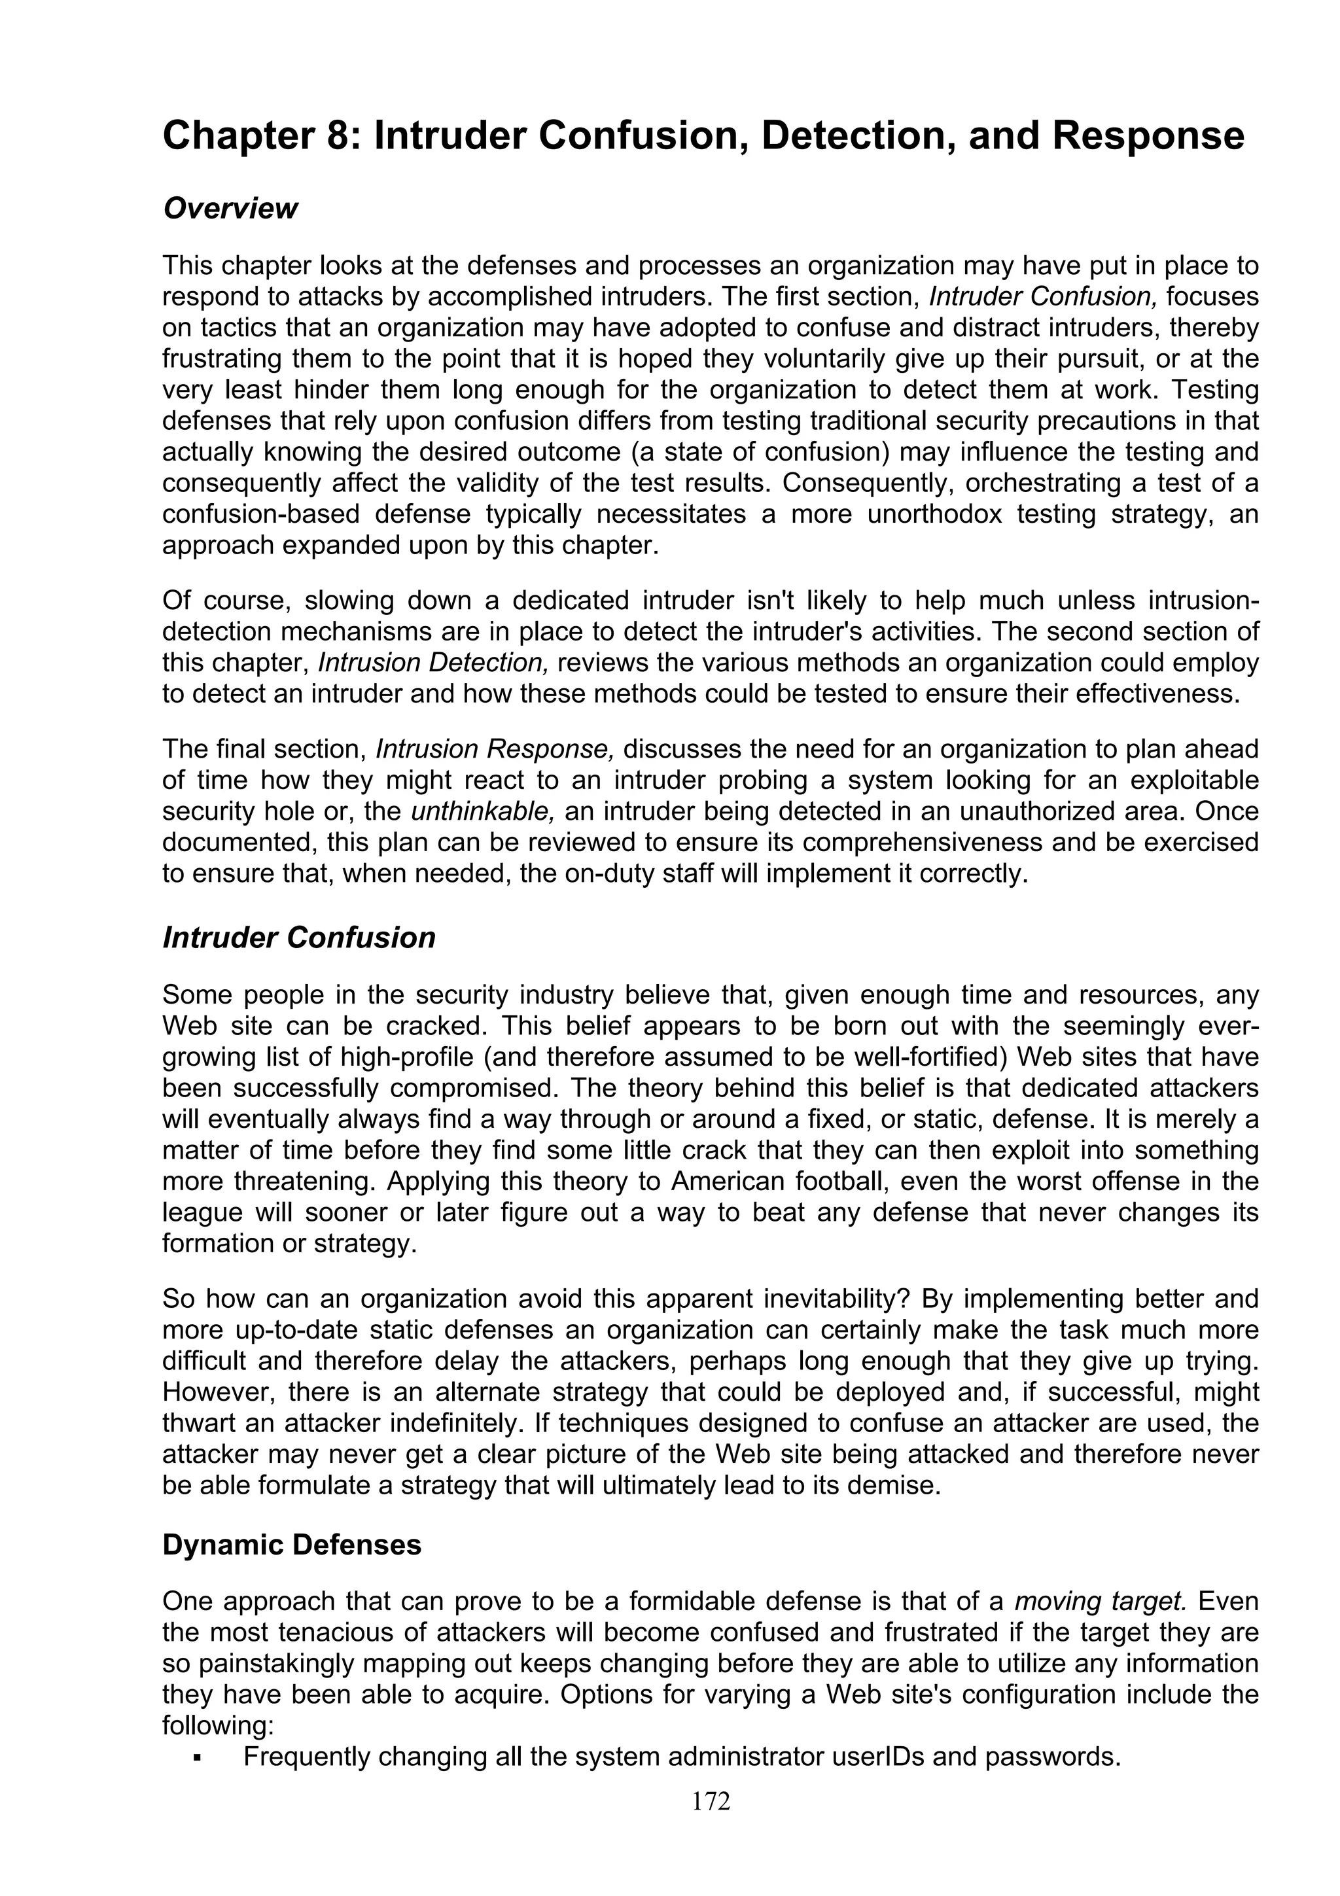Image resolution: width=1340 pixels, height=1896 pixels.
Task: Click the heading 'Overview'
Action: click(230, 209)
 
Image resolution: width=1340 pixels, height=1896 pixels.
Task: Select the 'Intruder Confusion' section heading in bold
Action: click(299, 938)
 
